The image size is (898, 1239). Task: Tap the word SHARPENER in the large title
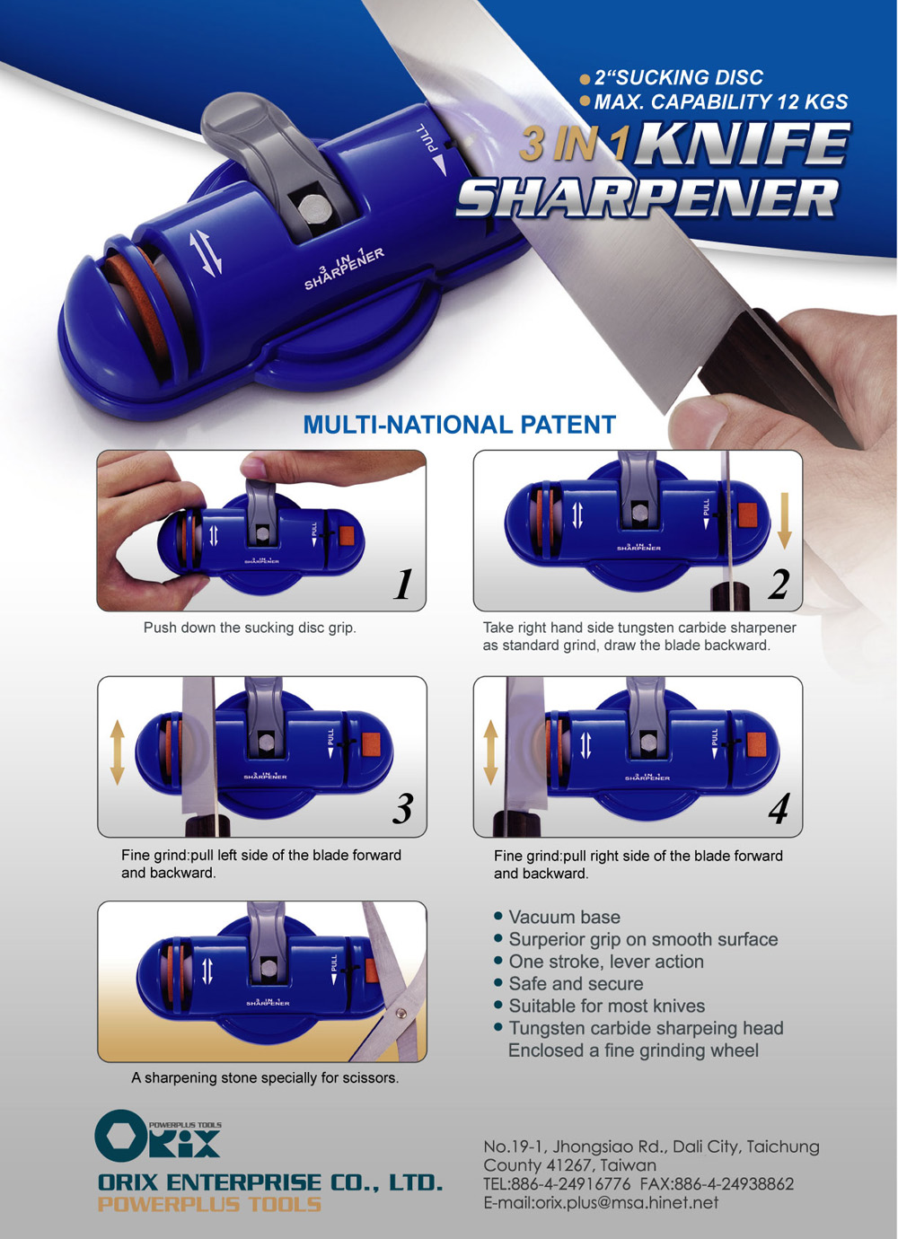pos(647,198)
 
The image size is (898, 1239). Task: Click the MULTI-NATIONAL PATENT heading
pos(459,425)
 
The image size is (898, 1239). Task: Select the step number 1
pos(403,584)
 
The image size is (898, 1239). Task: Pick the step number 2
pos(779,584)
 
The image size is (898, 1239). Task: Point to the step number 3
pos(403,808)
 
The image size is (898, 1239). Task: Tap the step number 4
pos(779,809)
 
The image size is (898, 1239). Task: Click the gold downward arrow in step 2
pos(785,521)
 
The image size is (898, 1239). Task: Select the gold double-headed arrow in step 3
pos(117,752)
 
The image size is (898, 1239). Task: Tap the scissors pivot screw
pos(401,1013)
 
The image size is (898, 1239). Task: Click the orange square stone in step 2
pos(747,514)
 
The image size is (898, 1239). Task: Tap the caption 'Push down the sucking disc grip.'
pos(250,628)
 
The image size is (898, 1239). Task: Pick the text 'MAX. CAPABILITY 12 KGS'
pos(720,101)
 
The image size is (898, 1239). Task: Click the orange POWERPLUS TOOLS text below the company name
pos(209,1204)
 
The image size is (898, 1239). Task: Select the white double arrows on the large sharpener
pos(206,253)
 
